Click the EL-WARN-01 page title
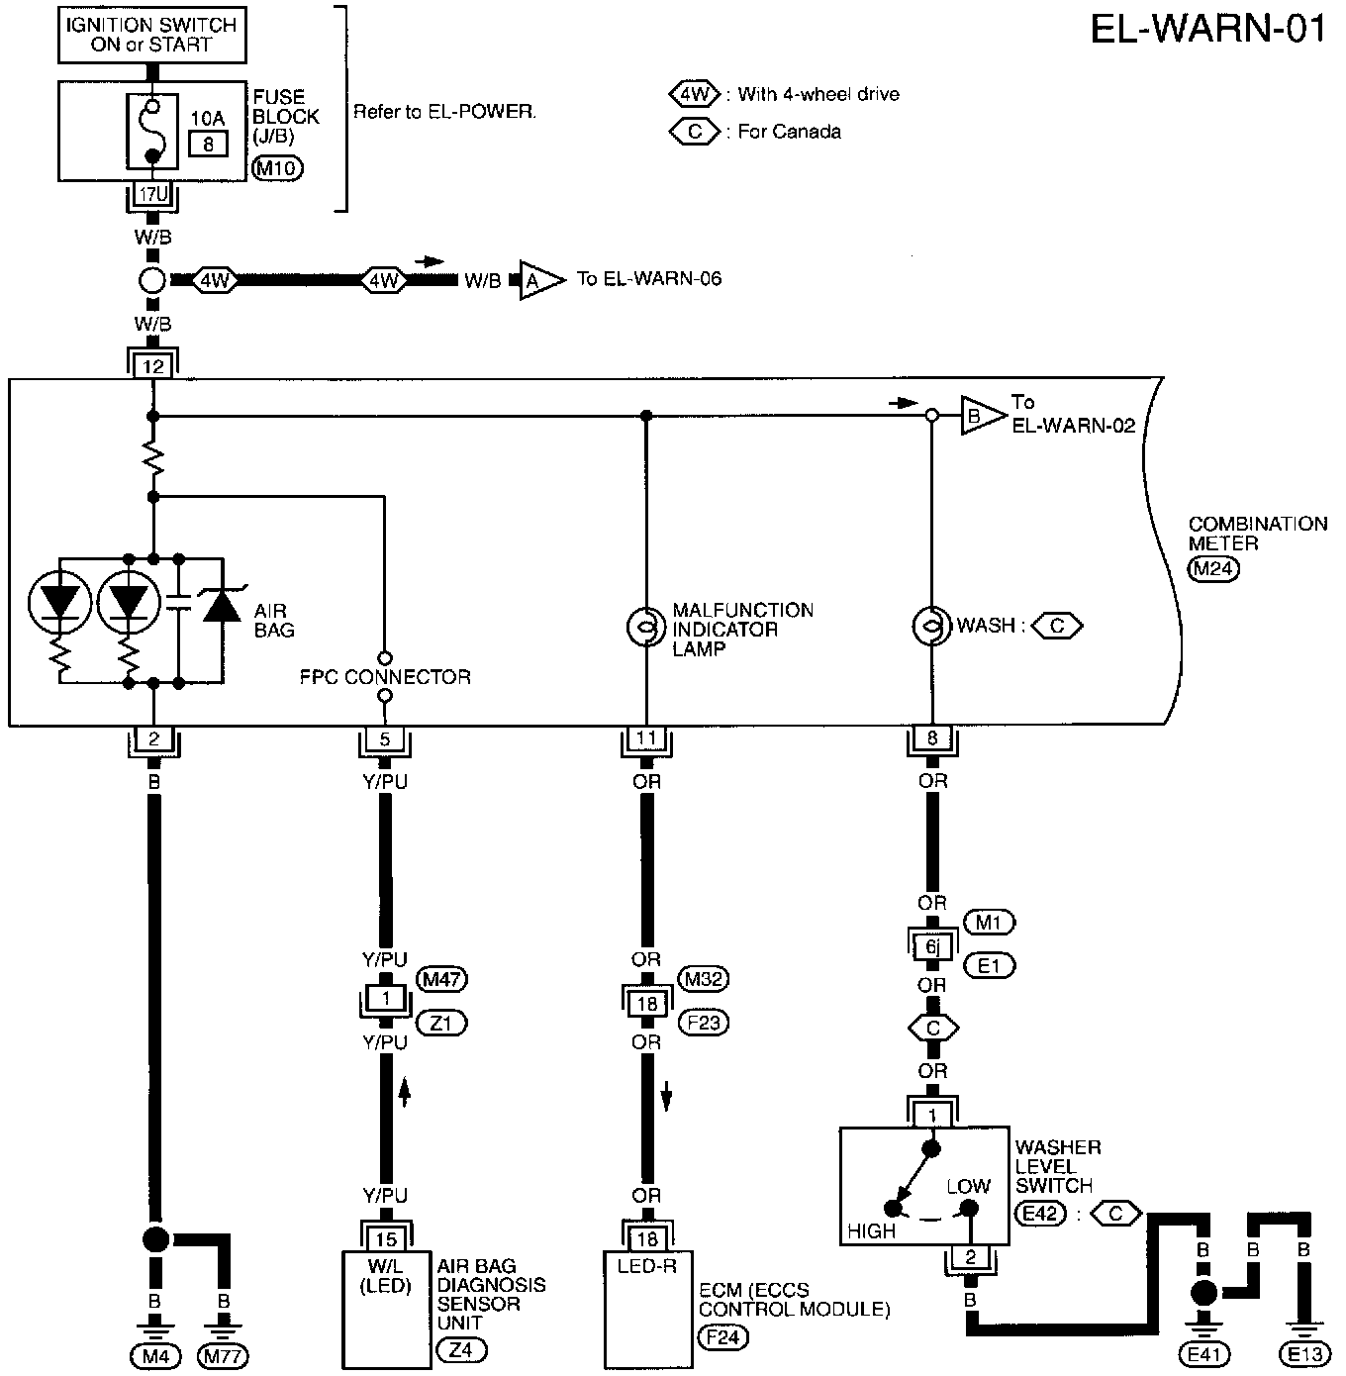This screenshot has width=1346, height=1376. [x=1207, y=30]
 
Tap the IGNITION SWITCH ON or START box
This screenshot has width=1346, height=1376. [x=152, y=35]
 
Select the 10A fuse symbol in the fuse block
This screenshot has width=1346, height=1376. [x=152, y=132]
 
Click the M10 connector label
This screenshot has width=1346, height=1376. [x=277, y=168]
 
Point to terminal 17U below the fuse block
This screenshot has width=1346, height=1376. [x=152, y=194]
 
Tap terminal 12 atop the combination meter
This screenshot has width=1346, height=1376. [x=152, y=366]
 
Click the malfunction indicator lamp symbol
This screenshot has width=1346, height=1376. [x=646, y=626]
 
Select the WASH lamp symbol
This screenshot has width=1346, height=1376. [x=931, y=626]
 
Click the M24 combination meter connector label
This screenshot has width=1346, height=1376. [x=1213, y=568]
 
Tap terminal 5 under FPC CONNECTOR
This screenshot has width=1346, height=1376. [x=385, y=738]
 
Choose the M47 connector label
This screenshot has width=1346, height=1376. [x=441, y=979]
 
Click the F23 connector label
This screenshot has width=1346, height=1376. [x=704, y=1023]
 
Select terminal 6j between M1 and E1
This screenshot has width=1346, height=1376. [x=931, y=946]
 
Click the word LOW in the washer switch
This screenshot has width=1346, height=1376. [x=969, y=1186]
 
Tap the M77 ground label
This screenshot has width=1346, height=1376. [x=223, y=1355]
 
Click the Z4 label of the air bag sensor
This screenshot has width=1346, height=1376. [x=461, y=1350]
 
